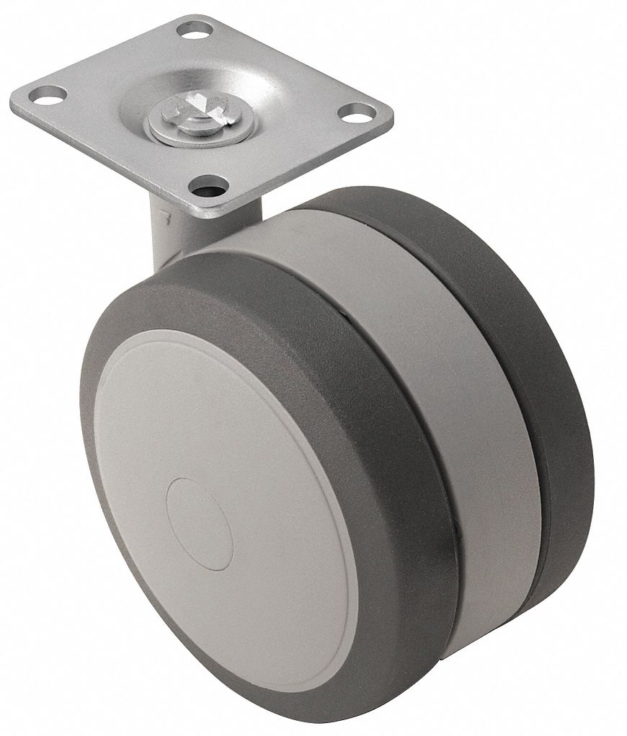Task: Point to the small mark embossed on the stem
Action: click(167, 214)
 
